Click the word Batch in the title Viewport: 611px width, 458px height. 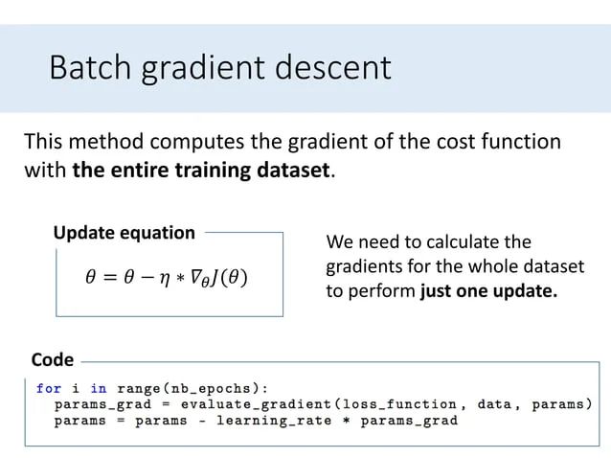[87, 68]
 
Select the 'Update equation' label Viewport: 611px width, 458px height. [124, 233]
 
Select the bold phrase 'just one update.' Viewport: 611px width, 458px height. [488, 291]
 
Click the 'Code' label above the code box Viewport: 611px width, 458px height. [52, 360]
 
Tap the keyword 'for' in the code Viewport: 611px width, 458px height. [48, 388]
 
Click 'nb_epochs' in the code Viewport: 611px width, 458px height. [220, 388]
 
